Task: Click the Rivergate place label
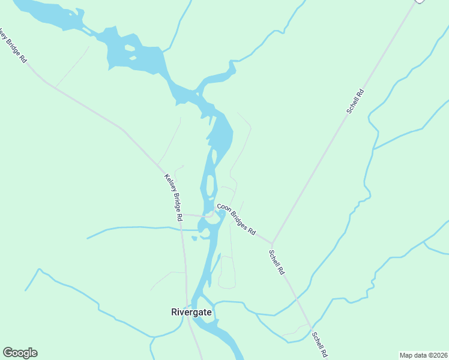click(191, 312)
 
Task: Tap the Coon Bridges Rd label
click(237, 219)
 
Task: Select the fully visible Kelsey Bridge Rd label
click(173, 198)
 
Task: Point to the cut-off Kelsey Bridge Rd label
click(13, 46)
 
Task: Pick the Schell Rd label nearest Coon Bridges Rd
click(276, 262)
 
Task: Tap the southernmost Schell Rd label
click(319, 344)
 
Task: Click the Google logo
click(20, 353)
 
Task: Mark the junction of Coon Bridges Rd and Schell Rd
click(273, 243)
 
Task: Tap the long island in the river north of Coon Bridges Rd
click(210, 186)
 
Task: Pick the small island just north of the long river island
click(214, 156)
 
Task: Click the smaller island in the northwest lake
click(132, 58)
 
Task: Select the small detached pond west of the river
click(194, 238)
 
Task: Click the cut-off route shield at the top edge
click(420, 2)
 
